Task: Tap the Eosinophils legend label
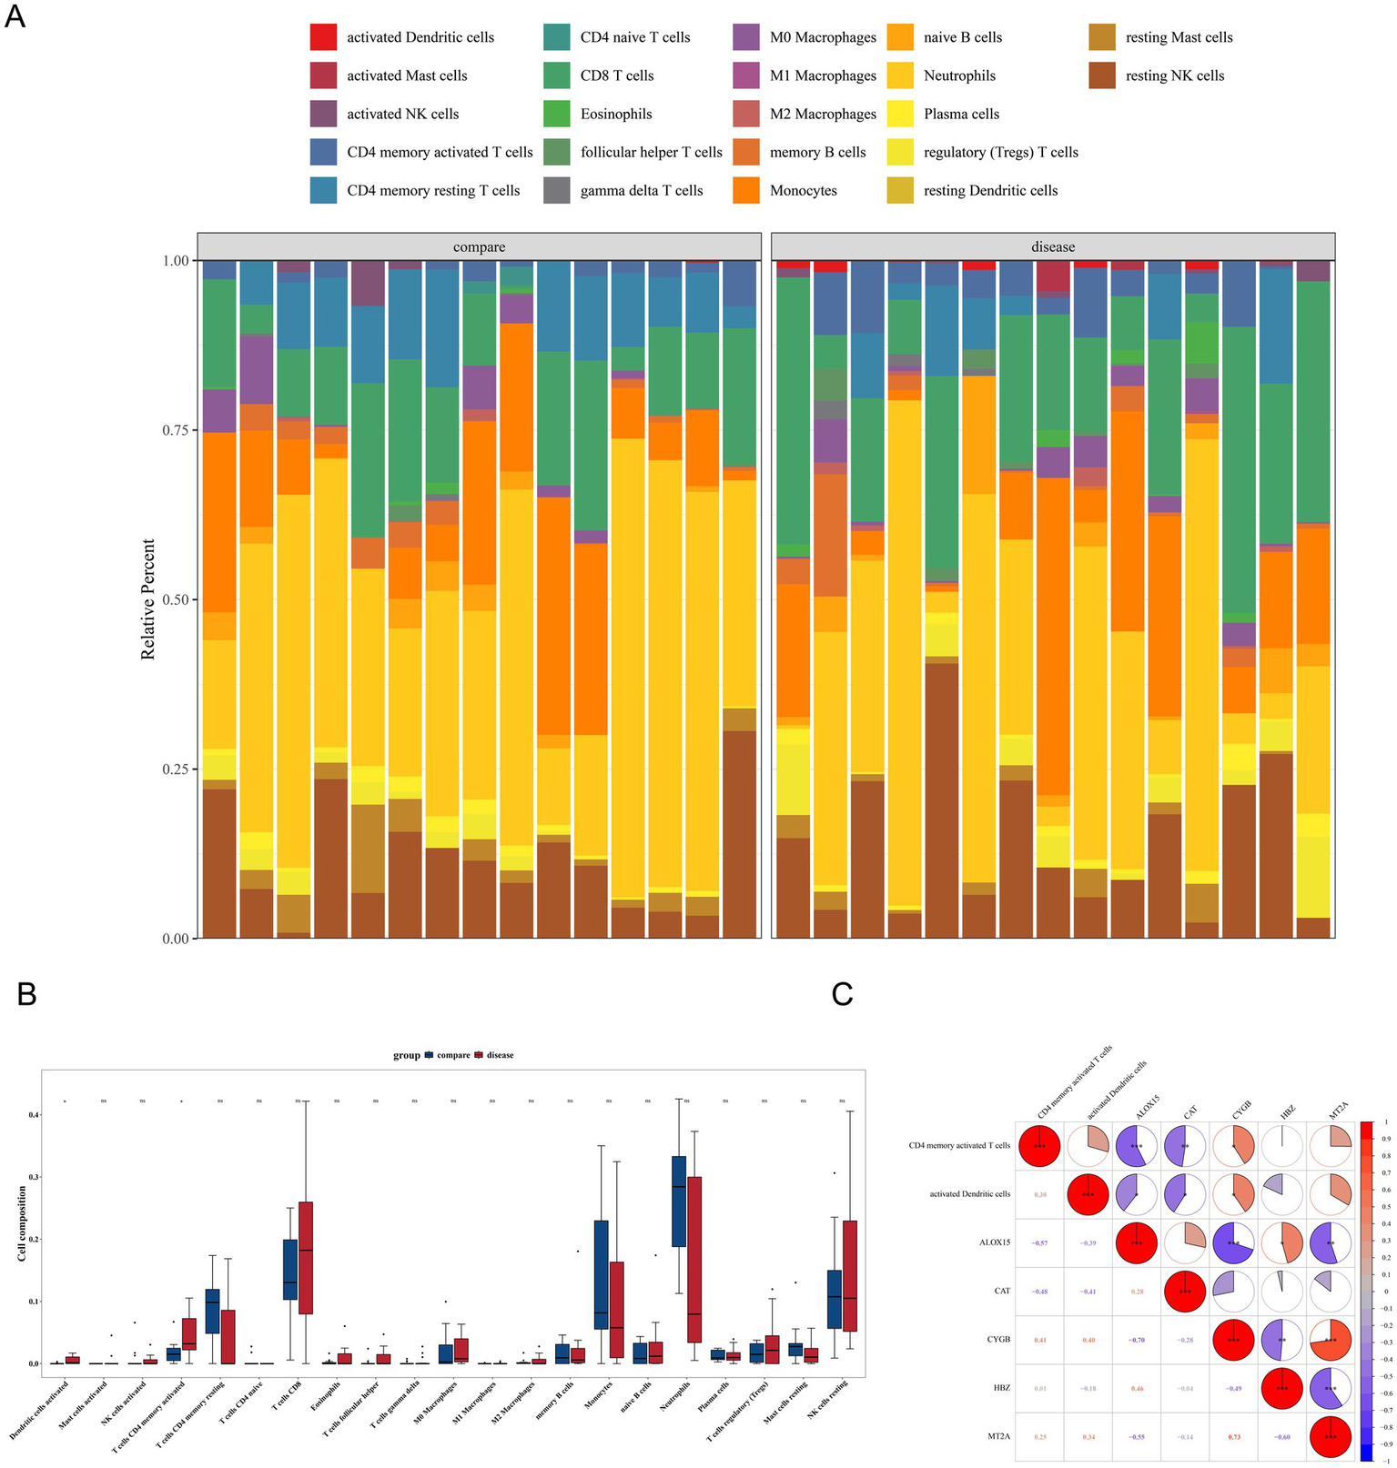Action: click(x=616, y=114)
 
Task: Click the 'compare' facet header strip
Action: click(x=479, y=246)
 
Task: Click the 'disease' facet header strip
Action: click(x=1053, y=246)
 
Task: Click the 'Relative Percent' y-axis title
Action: click(x=148, y=599)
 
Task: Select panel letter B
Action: click(x=27, y=995)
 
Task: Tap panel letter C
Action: click(x=842, y=995)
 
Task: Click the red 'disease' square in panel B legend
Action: click(x=481, y=1055)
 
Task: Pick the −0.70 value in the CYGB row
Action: click(x=1137, y=1340)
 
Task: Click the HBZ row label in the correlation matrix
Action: click(x=997, y=1388)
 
